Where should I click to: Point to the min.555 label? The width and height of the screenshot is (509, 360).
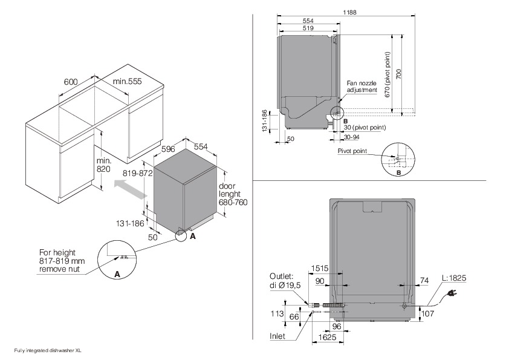tap(127, 82)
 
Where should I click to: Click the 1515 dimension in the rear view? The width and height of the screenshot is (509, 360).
tap(320, 268)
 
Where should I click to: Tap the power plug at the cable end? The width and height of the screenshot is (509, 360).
tap(451, 293)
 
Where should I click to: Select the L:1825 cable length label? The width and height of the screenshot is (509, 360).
tap(454, 278)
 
